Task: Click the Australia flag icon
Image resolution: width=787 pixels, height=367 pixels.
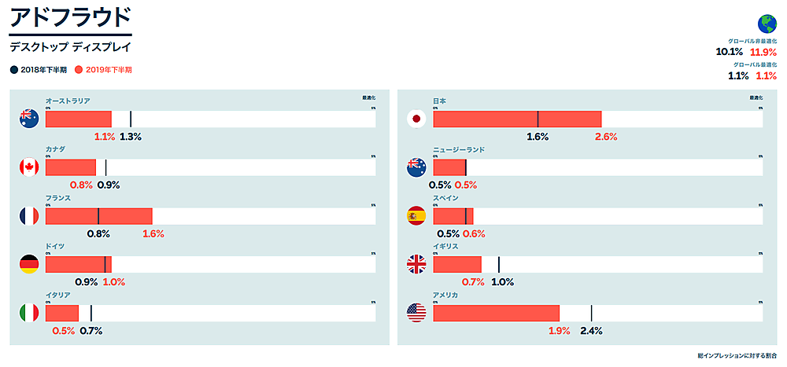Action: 29,119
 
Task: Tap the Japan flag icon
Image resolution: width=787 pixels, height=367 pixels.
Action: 416,119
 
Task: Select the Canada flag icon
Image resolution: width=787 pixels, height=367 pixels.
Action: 29,167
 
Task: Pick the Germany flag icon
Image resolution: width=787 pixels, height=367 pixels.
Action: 29,265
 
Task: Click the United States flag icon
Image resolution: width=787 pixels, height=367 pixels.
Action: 416,314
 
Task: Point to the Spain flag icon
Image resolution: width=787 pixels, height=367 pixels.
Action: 416,216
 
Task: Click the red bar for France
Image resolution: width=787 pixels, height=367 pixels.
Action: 98,216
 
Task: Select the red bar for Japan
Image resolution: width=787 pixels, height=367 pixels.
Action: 517,119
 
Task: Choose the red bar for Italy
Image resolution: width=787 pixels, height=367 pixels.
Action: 62,314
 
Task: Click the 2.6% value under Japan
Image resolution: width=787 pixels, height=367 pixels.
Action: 606,137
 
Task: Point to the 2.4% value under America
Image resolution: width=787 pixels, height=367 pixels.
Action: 590,331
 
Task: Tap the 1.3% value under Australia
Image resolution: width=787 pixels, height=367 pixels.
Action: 131,137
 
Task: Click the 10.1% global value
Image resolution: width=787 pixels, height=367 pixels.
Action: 729,53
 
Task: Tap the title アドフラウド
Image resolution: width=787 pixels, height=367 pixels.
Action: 69,17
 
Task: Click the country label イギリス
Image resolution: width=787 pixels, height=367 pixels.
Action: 445,246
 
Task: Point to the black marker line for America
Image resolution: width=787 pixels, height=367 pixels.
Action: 591,314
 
